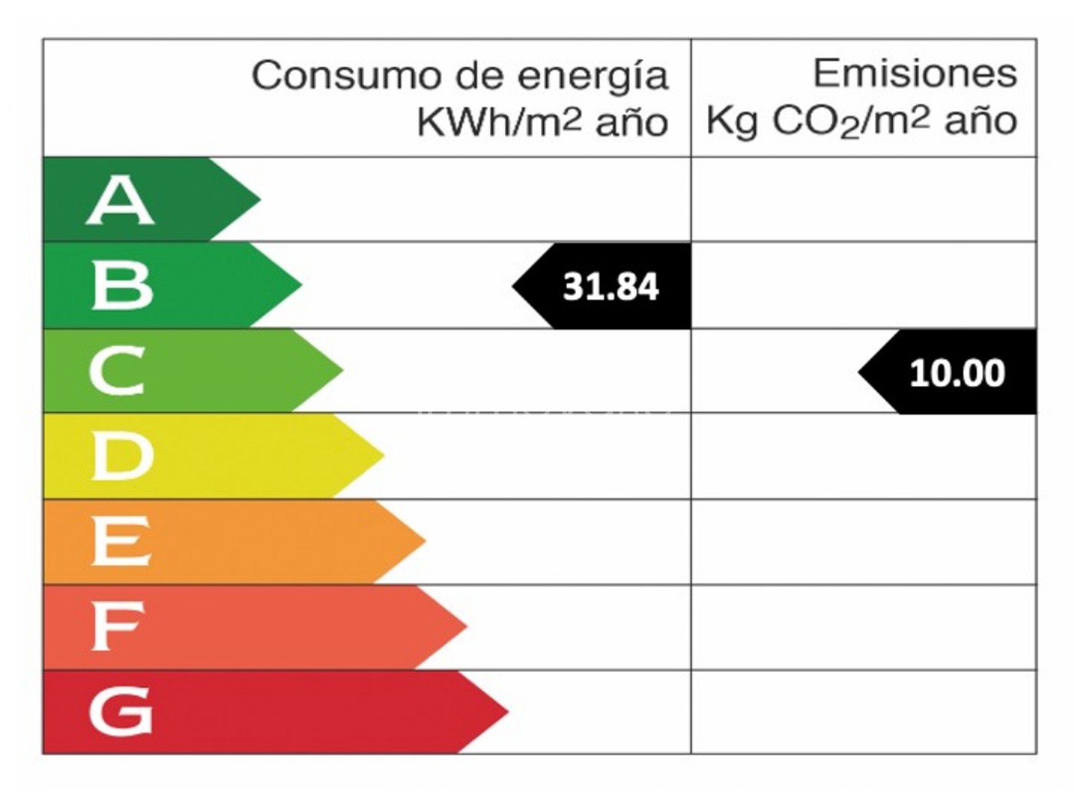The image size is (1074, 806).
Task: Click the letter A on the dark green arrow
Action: [120, 200]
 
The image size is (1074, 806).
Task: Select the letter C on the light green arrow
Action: [117, 371]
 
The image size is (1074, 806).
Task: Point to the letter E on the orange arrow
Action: [120, 541]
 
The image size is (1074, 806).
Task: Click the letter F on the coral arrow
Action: [117, 626]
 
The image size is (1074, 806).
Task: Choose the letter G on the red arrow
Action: [120, 712]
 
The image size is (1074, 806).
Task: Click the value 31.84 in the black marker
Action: [611, 286]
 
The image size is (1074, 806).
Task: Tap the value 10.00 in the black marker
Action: [957, 373]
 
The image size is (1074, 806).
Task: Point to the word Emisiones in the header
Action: [914, 74]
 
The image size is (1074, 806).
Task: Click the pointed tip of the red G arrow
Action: [507, 712]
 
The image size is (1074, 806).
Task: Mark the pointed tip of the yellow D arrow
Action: [383, 455]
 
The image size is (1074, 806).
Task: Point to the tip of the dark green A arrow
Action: [259, 200]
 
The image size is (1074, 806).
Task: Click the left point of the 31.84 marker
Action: [514, 286]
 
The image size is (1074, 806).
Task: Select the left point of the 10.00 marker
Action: [860, 372]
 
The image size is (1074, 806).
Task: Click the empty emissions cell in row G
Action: [863, 712]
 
